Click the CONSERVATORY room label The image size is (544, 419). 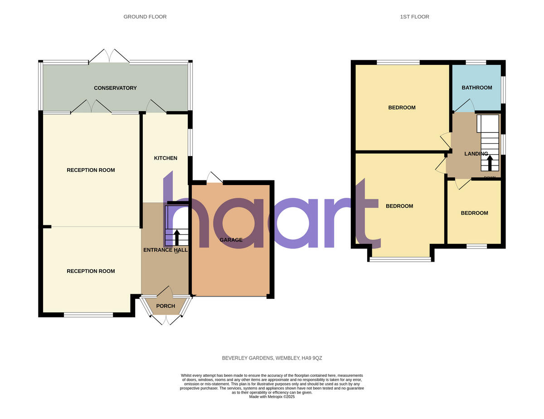click(115, 88)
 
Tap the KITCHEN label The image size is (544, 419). click(165, 158)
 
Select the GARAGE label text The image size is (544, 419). click(231, 240)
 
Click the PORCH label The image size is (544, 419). click(165, 306)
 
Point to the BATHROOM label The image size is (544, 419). click(476, 88)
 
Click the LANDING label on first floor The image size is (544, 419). click(476, 154)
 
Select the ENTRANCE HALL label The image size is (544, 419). click(165, 250)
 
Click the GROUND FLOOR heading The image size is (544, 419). click(145, 17)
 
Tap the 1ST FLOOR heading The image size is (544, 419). click(414, 17)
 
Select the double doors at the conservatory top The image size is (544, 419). click(109, 56)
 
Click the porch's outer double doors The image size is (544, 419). click(166, 320)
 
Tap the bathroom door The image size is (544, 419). click(465, 107)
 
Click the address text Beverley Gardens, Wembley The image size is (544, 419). click(272, 358)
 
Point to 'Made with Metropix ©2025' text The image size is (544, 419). click(272, 396)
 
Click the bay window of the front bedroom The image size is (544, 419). click(401, 259)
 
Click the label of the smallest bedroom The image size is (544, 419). click(474, 213)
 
